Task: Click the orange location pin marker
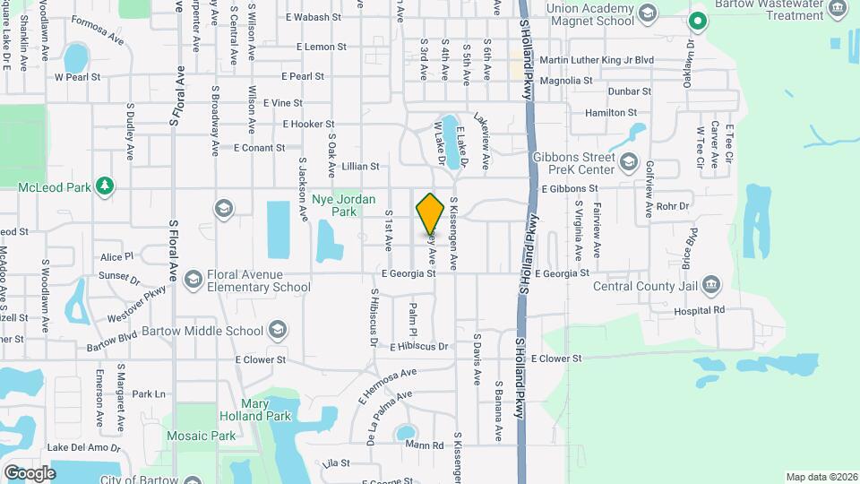(x=431, y=213)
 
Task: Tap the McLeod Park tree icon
(x=106, y=185)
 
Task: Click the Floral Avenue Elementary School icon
(x=193, y=281)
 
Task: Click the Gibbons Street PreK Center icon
(x=628, y=162)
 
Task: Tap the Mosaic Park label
(x=201, y=436)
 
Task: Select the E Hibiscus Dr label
(x=418, y=346)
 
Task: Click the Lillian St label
(x=360, y=166)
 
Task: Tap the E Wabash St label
(x=314, y=17)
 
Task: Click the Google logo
(x=30, y=472)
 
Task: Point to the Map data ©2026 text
(x=820, y=477)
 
